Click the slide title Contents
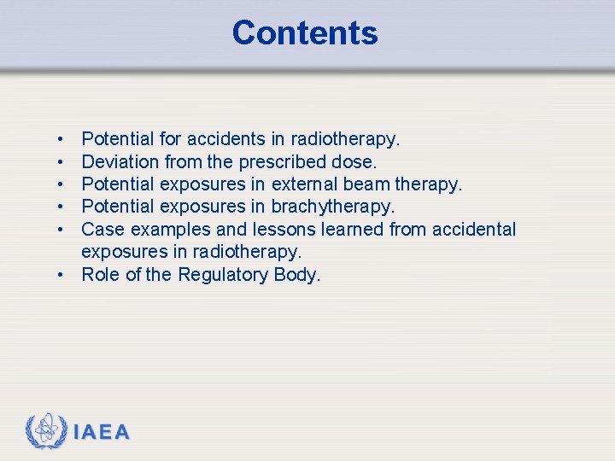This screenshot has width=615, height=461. [305, 33]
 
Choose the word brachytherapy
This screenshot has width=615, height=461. [333, 207]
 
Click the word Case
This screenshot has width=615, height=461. [102, 229]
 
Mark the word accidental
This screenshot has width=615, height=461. [475, 229]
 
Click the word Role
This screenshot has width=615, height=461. [102, 274]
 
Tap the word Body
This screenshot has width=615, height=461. [299, 275]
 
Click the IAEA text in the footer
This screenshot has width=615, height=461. [102, 432]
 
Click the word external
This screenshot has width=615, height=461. [303, 184]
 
